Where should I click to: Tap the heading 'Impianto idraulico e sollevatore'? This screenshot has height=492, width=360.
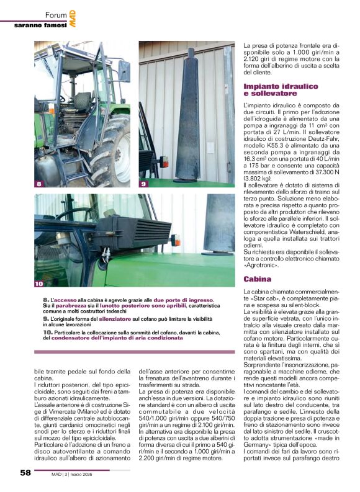[x=281, y=89]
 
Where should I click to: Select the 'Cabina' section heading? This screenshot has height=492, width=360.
[x=257, y=279]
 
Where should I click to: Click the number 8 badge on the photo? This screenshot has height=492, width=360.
[x=39, y=184]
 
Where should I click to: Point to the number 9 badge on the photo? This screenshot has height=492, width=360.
[x=143, y=184]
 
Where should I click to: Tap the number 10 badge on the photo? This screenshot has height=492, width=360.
[x=39, y=284]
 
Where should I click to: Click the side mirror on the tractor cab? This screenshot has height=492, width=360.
[x=124, y=71]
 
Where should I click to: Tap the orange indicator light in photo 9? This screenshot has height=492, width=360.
[x=164, y=162]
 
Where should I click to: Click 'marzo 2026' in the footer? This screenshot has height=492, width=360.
[x=92, y=474]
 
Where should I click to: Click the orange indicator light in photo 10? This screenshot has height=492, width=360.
[x=176, y=239]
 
